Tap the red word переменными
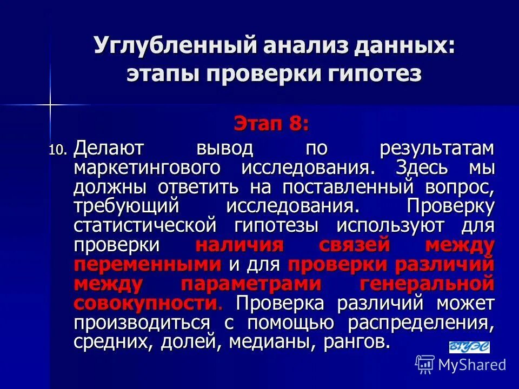click(x=148, y=264)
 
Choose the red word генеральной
click(x=427, y=284)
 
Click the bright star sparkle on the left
click(x=50, y=104)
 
